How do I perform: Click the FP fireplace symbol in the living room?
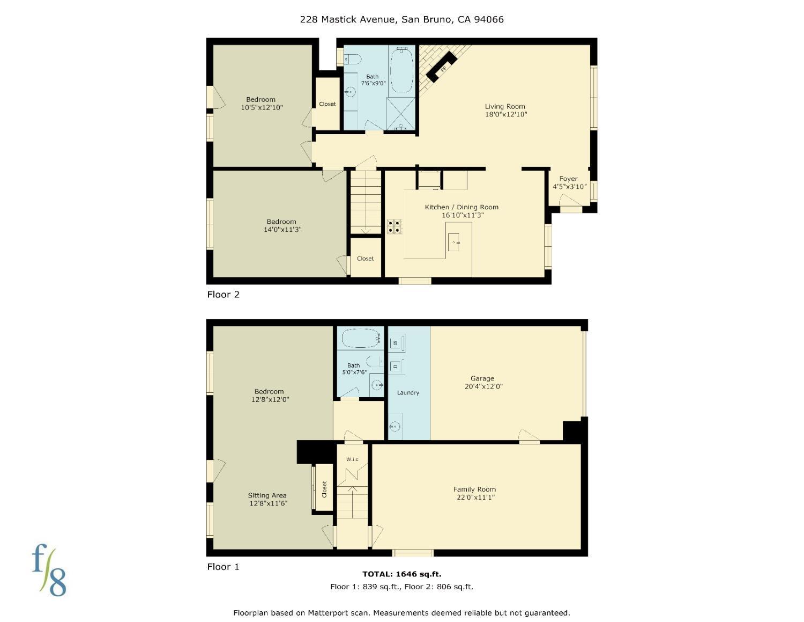coord(443,69)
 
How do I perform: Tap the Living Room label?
coord(505,106)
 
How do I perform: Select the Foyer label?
coord(568,179)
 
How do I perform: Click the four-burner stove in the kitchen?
coord(394,226)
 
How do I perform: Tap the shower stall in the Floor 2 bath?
coord(401,114)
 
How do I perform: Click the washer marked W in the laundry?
coord(396,342)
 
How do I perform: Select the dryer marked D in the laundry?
coord(396,366)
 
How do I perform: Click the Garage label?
coord(482,378)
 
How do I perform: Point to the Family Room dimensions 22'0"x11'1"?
coord(474,497)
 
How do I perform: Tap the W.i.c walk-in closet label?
coord(352,459)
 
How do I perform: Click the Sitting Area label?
coord(267,495)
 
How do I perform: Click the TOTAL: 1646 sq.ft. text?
coord(401,574)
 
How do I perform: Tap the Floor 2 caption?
coord(223,295)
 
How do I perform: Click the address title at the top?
coord(401,19)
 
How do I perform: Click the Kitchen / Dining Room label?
coord(461,207)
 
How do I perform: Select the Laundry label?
coord(408,393)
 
